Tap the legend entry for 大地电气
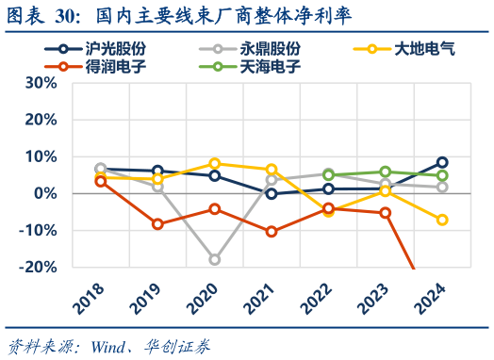click(409, 48)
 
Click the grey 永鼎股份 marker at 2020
click(215, 259)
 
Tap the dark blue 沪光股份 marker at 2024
click(442, 162)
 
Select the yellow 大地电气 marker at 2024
click(442, 220)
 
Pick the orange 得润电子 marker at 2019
click(157, 224)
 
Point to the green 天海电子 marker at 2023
click(386, 172)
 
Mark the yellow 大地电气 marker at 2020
click(215, 164)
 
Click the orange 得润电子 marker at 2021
click(272, 231)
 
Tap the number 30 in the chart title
click(67, 14)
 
